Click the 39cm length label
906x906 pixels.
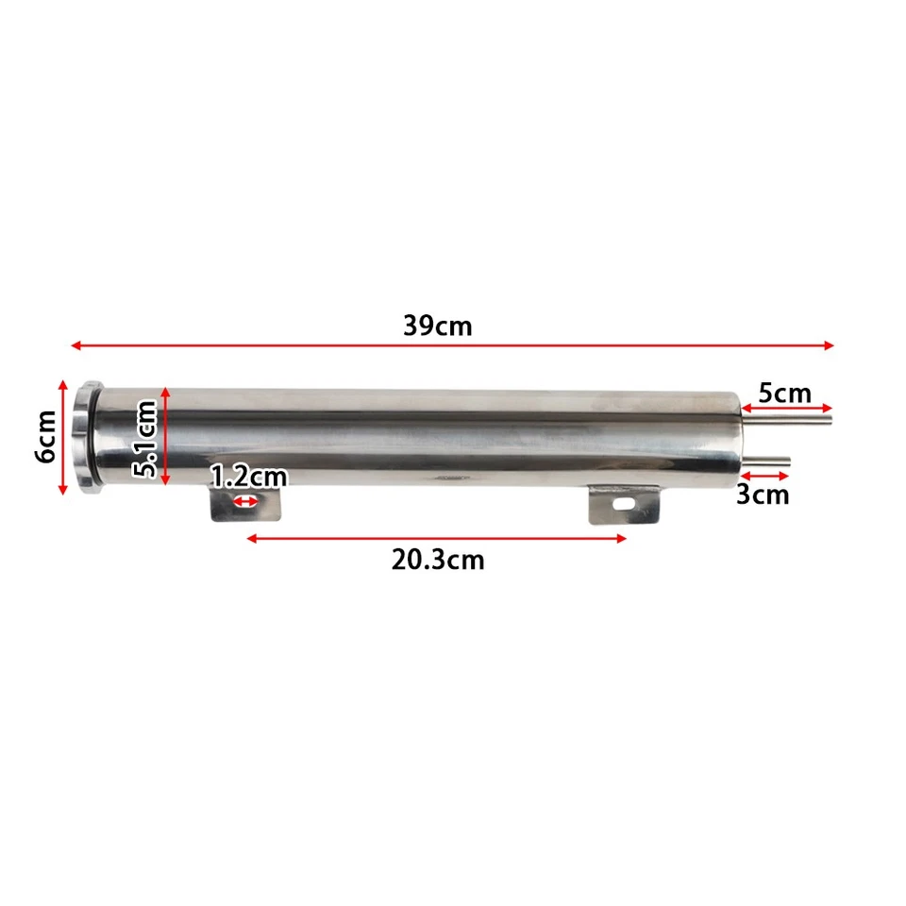point(437,326)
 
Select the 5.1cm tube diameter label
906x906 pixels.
point(145,438)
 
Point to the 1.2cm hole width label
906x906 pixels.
point(247,477)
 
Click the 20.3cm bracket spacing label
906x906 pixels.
point(438,560)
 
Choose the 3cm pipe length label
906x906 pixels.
point(763,495)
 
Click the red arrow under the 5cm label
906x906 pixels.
point(785,408)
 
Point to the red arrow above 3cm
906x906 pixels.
point(764,476)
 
